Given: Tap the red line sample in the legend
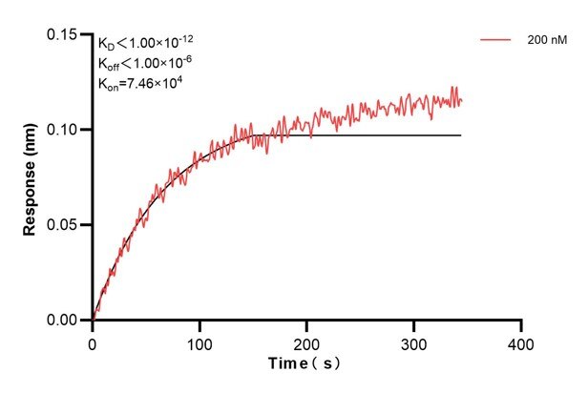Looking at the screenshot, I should (x=496, y=41).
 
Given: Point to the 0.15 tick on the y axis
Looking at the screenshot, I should (x=65, y=34).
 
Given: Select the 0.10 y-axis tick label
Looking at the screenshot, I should (x=65, y=130).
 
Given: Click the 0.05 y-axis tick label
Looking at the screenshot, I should (x=65, y=225).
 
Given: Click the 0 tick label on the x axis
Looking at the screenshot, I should (x=92, y=341).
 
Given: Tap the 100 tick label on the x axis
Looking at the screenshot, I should (x=199, y=341).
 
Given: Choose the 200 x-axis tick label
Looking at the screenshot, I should (x=306, y=341).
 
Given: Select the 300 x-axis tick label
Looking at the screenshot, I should (x=413, y=341).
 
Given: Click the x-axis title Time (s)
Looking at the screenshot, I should (x=304, y=363).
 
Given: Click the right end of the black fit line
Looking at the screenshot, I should (x=461, y=135).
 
